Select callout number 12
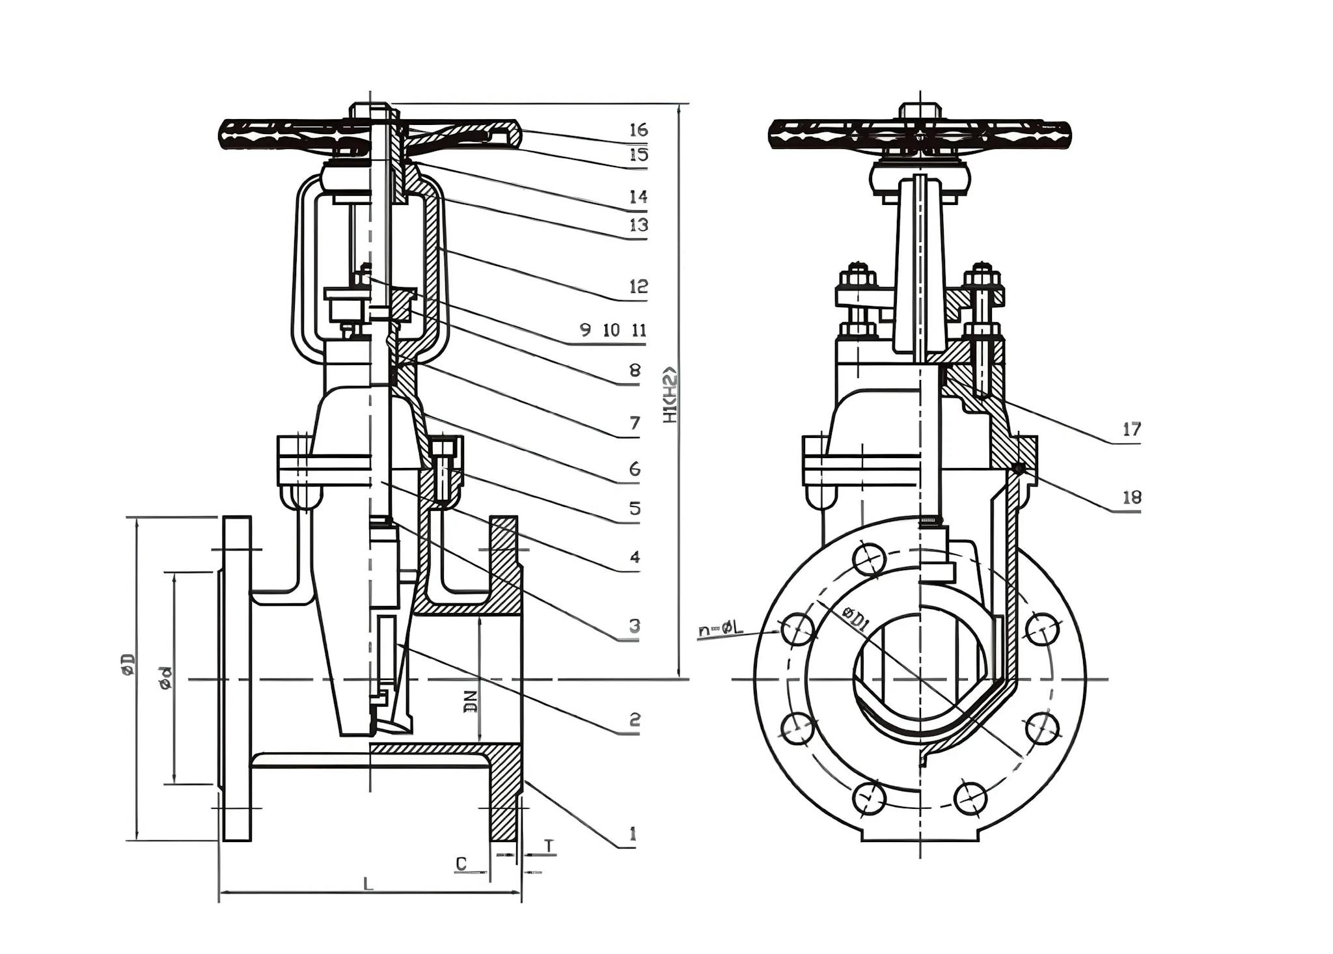(x=639, y=286)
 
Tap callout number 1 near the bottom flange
(x=631, y=834)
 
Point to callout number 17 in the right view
(x=1132, y=429)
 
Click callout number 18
(x=1132, y=497)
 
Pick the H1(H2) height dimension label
(x=670, y=395)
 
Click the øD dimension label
(x=129, y=664)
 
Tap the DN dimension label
(x=471, y=702)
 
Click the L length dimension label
(x=368, y=884)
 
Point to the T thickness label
(x=549, y=845)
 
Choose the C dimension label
(x=461, y=864)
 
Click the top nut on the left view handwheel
(x=370, y=110)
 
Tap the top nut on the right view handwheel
(x=919, y=110)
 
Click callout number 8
(x=635, y=371)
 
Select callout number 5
(x=635, y=508)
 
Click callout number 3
(x=634, y=626)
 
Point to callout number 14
(x=639, y=197)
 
